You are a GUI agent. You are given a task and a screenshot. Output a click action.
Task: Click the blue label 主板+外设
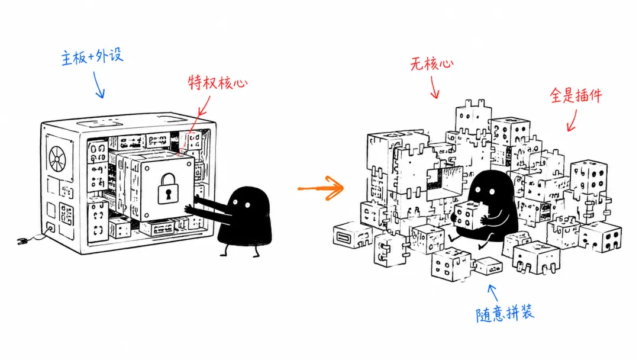tap(92, 56)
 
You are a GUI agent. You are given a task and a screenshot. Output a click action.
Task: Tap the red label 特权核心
tap(218, 82)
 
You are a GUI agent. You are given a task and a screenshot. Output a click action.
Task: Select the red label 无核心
tap(431, 63)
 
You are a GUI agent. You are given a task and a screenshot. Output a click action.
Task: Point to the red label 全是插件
tap(576, 95)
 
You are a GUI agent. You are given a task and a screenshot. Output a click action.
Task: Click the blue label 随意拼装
tap(505, 314)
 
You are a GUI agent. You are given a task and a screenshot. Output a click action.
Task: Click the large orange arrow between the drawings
tap(321, 188)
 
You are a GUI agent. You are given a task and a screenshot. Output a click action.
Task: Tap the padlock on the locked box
tap(168, 188)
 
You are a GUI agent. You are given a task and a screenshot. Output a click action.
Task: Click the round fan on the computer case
tap(57, 159)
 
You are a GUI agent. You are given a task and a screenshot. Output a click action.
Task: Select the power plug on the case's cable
tap(22, 240)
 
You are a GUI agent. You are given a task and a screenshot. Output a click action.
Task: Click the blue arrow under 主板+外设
tap(99, 85)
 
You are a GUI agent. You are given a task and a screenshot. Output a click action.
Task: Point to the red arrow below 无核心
tap(434, 87)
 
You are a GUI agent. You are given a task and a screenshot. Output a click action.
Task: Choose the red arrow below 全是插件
tap(572, 121)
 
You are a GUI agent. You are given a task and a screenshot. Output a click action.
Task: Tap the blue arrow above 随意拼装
tap(493, 292)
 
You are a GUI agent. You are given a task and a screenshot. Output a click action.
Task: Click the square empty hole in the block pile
tap(446, 182)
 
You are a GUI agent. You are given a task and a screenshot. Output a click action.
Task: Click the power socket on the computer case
tap(51, 227)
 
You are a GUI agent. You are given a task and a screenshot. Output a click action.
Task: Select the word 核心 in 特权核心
tap(233, 82)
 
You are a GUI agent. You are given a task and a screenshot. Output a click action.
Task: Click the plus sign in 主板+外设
tap(91, 57)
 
